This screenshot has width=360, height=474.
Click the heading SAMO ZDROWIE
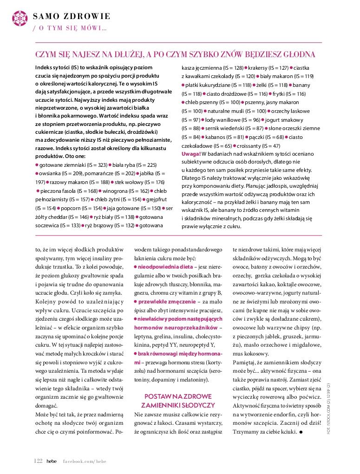tap(72, 16)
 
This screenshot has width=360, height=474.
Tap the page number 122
tap(38, 461)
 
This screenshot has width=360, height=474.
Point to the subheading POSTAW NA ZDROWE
tap(178, 396)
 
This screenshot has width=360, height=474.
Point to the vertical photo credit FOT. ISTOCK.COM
tap(328, 408)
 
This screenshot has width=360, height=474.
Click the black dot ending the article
tap(301, 432)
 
